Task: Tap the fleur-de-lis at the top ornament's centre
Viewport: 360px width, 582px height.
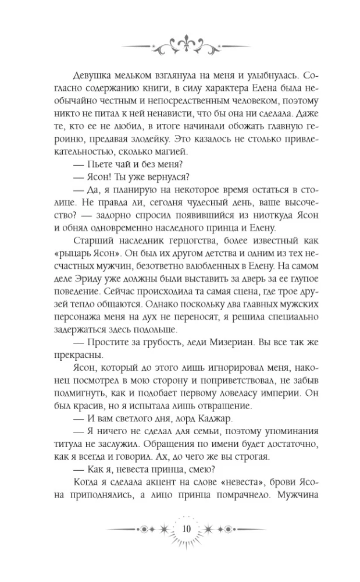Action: [x=180, y=41]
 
